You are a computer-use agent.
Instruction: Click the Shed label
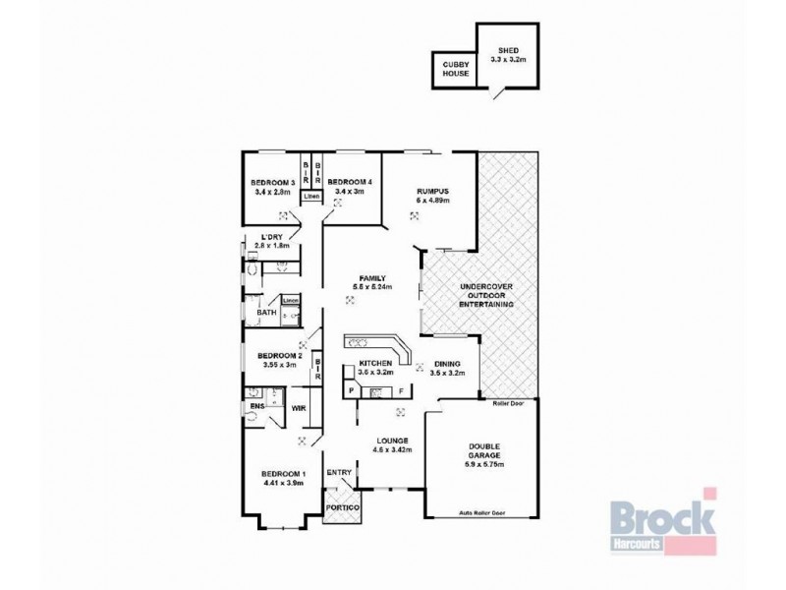tap(508, 53)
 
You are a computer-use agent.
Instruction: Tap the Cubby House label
tap(455, 69)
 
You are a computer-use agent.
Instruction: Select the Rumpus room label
tap(432, 195)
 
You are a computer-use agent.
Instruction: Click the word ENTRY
tap(339, 473)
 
